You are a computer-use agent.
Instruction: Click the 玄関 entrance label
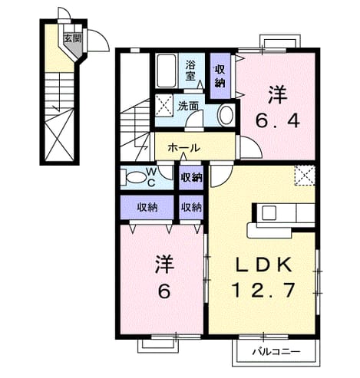click(x=73, y=38)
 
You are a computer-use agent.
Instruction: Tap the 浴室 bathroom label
click(x=190, y=71)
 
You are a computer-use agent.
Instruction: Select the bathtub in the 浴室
click(x=166, y=71)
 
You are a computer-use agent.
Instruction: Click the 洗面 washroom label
click(x=188, y=106)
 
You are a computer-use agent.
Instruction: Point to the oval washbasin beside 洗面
click(x=226, y=115)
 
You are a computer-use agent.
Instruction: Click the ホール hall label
click(x=183, y=148)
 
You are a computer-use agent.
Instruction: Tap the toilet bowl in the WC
click(x=136, y=177)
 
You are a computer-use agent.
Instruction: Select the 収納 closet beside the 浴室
click(x=220, y=76)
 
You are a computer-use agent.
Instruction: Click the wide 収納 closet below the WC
click(x=147, y=207)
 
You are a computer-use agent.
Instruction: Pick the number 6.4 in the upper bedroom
click(x=278, y=120)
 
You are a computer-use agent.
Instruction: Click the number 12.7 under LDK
click(x=263, y=290)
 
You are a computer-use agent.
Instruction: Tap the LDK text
click(x=263, y=265)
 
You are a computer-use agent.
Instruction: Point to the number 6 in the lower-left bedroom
click(x=164, y=291)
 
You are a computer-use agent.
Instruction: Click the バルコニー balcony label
click(x=276, y=352)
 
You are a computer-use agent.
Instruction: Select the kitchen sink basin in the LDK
click(x=269, y=213)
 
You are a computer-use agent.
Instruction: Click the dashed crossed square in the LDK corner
click(x=305, y=175)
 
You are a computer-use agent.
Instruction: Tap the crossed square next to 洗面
click(x=164, y=105)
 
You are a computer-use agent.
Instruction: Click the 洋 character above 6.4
click(x=278, y=95)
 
